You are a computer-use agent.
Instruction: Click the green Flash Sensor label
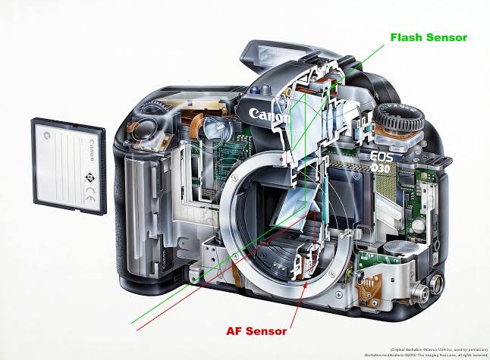(429, 36)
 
